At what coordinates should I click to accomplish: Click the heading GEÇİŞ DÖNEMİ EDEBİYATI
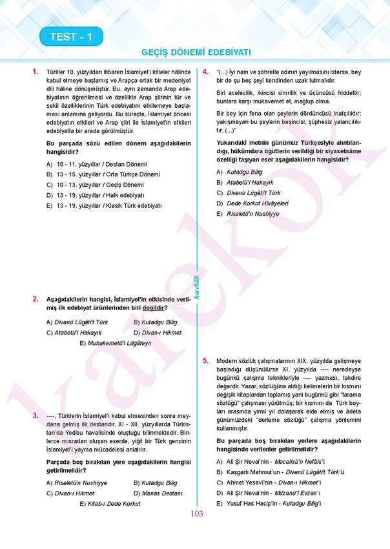[x=196, y=52]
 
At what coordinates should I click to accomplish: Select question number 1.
[x=35, y=72]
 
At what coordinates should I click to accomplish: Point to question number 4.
[x=205, y=72]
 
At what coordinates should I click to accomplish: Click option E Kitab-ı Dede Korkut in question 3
[x=109, y=503]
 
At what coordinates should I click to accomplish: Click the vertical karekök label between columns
[x=196, y=282]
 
